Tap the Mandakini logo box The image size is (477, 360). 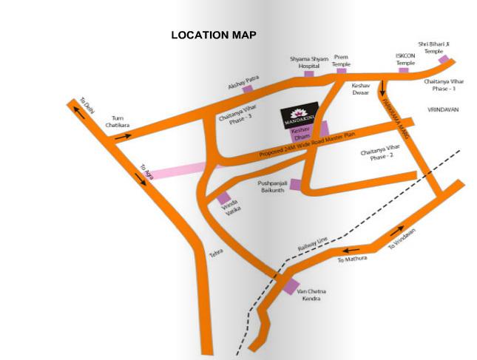[x=300, y=116]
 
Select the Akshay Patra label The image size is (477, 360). [x=241, y=86]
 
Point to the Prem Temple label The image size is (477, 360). [x=341, y=60]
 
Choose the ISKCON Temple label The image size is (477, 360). [x=405, y=60]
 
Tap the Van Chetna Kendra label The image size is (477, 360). [x=311, y=296]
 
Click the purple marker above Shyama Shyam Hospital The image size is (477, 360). [x=308, y=74]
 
